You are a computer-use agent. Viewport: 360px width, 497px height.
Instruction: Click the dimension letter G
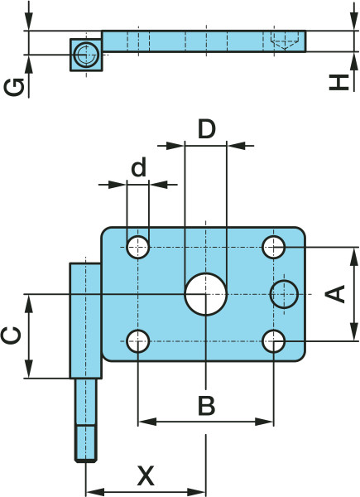pos(14,87)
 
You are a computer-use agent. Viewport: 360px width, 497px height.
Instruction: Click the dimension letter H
pos(339,83)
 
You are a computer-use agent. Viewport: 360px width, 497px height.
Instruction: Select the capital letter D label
pos(206,129)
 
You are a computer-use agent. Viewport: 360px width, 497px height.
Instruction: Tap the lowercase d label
pos(139,167)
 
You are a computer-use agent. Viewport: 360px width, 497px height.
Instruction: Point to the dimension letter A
pos(335,293)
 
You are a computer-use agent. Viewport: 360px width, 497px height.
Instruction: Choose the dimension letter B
pos(206,405)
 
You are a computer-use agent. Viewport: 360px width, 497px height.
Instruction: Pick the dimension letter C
pos(11,335)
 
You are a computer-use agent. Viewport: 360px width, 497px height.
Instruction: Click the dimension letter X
pos(146,475)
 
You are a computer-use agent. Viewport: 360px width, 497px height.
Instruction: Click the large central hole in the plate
pos(206,294)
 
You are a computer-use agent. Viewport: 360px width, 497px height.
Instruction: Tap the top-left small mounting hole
pos(138,247)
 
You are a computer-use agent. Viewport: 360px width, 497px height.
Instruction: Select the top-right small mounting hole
pos(274,247)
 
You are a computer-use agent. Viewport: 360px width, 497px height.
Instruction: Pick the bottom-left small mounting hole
pos(138,341)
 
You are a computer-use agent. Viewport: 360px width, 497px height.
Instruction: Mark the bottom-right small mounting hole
pos(274,341)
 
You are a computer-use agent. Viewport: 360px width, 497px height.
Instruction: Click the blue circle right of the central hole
pos(284,294)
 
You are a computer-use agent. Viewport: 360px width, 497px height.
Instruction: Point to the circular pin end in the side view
pos(86,55)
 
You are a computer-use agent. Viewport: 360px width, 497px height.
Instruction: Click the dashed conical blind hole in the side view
pos(285,41)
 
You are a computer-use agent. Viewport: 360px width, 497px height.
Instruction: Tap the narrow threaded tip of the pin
pos(86,444)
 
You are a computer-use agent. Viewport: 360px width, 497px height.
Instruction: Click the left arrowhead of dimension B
pos(147,422)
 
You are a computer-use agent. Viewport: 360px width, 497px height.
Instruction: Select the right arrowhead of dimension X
pos(196,492)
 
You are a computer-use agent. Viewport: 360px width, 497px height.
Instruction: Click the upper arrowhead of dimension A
pos(353,257)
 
